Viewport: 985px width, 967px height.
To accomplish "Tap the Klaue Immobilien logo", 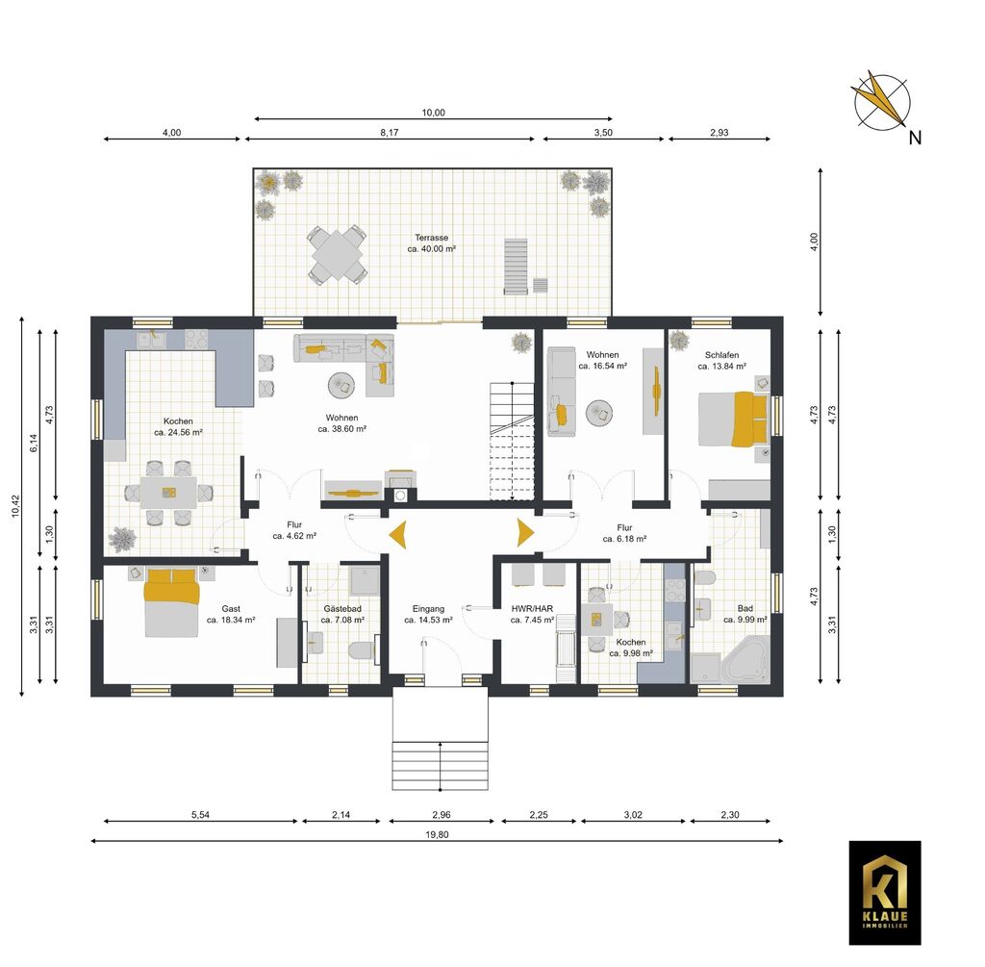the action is [x=885, y=893].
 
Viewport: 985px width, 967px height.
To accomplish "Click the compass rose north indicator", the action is [x=882, y=102].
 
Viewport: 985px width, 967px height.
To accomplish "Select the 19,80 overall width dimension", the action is [x=438, y=835].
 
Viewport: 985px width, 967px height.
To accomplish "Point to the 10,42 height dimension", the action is [x=15, y=506].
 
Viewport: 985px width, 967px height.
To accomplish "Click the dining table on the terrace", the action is [x=338, y=255].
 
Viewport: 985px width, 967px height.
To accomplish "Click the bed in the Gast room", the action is [x=171, y=602].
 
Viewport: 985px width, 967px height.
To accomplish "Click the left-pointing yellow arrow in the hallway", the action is [x=397, y=535].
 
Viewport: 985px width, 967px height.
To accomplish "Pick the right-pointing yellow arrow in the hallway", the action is [x=526, y=532].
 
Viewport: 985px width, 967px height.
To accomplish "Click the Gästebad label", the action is [x=342, y=609].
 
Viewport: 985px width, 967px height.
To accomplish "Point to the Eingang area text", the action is [x=428, y=609].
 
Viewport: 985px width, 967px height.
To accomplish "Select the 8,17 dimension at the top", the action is [x=390, y=133].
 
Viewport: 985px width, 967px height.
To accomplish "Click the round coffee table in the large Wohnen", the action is [x=342, y=385].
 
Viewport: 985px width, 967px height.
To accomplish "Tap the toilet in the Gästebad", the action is [x=363, y=650].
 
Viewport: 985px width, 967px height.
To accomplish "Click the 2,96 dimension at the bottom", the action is [x=441, y=815].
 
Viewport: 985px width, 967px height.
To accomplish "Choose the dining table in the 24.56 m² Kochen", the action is [x=168, y=493].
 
